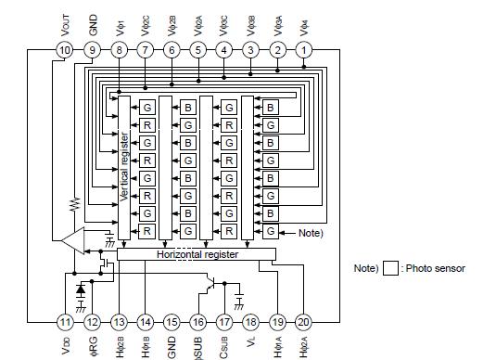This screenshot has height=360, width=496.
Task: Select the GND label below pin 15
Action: coord(172,344)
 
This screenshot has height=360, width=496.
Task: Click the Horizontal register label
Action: coord(197,254)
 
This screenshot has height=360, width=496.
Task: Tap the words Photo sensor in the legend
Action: coord(436,269)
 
